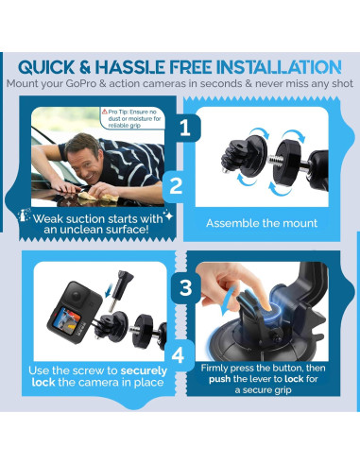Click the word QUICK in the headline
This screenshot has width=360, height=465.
(46, 67)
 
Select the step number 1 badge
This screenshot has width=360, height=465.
(185, 128)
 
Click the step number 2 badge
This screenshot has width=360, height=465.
(176, 186)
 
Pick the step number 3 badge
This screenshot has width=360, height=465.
(185, 287)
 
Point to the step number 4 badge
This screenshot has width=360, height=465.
(178, 355)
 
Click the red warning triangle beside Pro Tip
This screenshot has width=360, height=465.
(105, 112)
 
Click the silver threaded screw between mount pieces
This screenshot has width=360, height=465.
(274, 159)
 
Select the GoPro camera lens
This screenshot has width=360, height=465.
(77, 296)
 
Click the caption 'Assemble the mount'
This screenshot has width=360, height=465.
(262, 223)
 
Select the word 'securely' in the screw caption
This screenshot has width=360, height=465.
(144, 370)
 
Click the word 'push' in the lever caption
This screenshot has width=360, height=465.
(220, 379)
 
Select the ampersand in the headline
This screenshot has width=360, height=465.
(84, 67)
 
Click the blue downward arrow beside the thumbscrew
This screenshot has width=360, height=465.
(110, 290)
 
